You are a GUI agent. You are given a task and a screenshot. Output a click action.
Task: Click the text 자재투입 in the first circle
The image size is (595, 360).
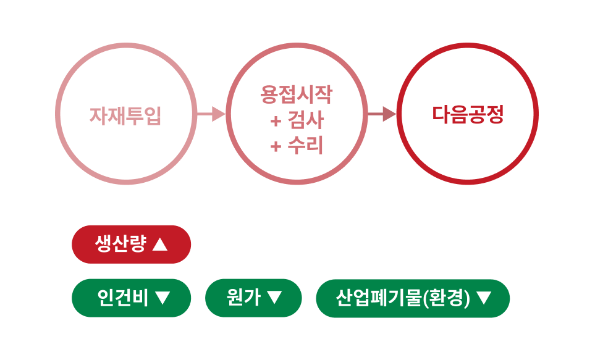125,115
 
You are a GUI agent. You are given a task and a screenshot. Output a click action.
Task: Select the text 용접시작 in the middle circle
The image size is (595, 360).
297,95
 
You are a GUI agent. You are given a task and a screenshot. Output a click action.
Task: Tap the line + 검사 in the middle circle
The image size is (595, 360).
297,120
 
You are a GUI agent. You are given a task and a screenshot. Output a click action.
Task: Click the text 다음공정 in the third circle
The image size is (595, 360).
468,114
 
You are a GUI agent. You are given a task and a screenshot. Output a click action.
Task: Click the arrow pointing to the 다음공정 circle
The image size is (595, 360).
382,114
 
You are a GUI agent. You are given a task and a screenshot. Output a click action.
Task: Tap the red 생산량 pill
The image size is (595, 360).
132,245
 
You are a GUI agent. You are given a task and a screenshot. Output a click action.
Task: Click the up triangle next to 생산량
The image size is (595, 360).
159,245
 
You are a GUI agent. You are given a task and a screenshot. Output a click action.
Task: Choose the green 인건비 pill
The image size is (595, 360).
132,298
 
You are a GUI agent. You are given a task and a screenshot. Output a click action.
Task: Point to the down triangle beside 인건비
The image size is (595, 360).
162,298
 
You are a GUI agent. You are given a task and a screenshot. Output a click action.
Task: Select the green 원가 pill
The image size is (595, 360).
253,298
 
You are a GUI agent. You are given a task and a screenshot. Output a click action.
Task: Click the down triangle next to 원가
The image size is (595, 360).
274,298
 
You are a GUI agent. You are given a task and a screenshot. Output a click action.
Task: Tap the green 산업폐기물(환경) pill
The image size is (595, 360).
413,298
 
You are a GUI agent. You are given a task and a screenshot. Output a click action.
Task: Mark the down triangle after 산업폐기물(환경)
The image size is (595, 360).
484,298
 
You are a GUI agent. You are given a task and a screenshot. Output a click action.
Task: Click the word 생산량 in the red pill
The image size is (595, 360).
120,245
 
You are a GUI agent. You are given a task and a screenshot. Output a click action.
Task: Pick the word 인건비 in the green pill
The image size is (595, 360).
122,298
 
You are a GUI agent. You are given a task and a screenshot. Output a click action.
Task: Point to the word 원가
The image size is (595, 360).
243,298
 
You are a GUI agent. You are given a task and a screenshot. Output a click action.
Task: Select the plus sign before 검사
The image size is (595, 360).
276,120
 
